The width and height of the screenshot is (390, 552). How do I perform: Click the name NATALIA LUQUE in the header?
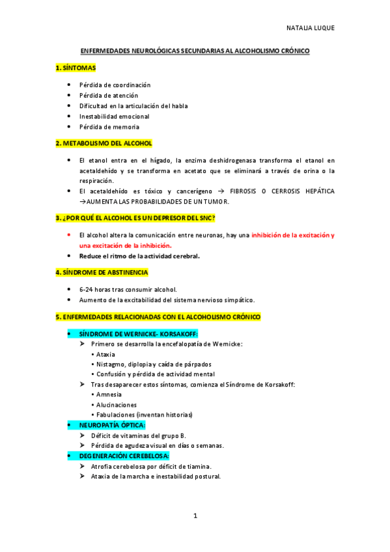coord(310,28)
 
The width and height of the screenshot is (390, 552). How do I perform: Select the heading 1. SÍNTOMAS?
coord(76,68)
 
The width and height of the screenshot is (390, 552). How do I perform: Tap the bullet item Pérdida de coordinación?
coord(115,85)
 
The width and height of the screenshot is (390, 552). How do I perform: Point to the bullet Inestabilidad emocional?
coord(114,116)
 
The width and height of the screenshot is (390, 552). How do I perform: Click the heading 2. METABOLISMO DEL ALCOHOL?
coord(104,143)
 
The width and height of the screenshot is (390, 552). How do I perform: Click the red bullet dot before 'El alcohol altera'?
coord(70,234)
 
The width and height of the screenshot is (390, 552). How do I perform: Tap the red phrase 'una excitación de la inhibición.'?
coord(125,245)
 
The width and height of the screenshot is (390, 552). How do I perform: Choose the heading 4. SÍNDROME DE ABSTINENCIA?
coord(102,272)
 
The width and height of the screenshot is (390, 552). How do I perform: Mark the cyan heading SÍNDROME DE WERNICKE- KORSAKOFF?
coord(129,333)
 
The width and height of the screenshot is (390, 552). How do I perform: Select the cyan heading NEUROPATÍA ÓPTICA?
coord(112,424)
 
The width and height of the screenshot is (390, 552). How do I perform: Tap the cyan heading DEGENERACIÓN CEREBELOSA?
coord(124,456)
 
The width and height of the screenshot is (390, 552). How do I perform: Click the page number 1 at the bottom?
coord(195,516)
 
